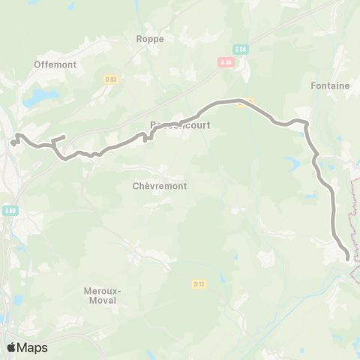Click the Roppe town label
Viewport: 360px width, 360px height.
point(150,38)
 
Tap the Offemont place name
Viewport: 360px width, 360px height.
point(55,64)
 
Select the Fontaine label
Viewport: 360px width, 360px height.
point(330,86)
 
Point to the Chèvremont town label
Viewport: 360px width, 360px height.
point(159,185)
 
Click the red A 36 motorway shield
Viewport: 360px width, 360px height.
point(227,64)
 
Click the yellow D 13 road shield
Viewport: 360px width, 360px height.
point(199,283)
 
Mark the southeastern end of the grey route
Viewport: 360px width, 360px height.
point(348,258)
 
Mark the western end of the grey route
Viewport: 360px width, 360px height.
point(13,142)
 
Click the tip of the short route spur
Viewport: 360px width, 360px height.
point(64,136)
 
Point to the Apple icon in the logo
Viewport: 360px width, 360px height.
point(11,347)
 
